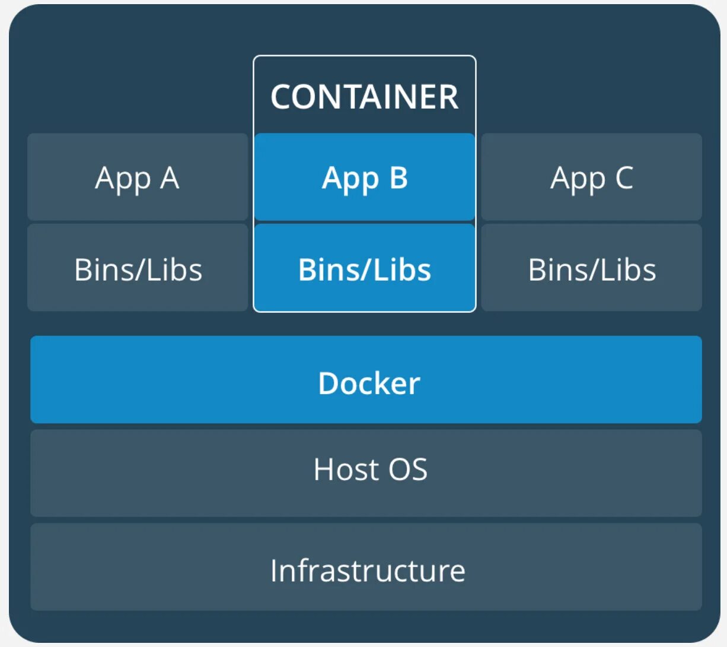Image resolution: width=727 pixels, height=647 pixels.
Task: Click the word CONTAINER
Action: click(x=364, y=97)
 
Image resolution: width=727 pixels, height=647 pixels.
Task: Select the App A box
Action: click(x=137, y=177)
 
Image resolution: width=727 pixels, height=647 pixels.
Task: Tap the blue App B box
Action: click(x=364, y=177)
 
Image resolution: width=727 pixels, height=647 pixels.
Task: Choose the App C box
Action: click(x=591, y=177)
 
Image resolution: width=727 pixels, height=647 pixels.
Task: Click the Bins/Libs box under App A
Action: click(x=138, y=268)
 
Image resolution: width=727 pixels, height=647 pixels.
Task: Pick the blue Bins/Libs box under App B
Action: click(x=364, y=268)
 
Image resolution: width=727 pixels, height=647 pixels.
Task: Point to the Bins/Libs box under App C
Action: click(x=591, y=268)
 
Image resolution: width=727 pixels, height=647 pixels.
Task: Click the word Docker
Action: click(x=369, y=383)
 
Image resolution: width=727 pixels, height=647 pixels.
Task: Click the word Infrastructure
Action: click(x=367, y=570)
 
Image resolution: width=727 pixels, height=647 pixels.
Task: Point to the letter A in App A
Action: click(x=169, y=177)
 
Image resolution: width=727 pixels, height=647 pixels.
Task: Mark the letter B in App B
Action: click(x=398, y=177)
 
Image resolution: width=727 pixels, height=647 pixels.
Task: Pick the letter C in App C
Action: click(x=624, y=177)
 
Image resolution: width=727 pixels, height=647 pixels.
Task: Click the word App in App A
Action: click(x=122, y=179)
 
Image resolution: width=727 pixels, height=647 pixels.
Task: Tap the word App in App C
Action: click(x=578, y=179)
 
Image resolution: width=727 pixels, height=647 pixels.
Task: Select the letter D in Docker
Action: click(x=329, y=383)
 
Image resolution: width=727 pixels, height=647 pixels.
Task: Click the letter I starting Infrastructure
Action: click(x=275, y=570)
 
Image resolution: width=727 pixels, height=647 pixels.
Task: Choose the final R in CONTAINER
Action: click(x=447, y=97)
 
